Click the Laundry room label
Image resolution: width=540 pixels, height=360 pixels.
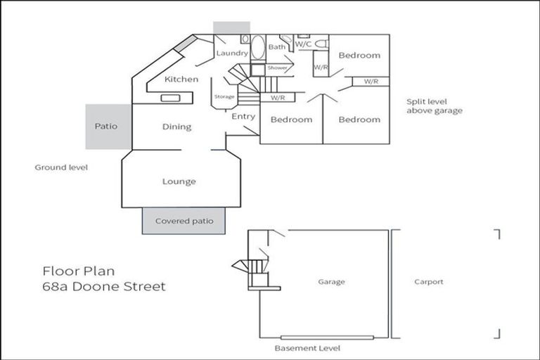231,53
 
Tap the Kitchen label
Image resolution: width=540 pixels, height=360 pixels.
181,79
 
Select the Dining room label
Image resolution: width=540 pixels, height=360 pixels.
177,127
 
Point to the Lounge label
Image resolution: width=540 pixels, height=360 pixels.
179,181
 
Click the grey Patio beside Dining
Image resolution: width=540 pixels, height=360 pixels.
105,127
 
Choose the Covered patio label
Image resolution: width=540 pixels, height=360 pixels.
184,221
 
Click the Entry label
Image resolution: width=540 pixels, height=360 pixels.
243,117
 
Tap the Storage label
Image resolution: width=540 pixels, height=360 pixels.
224,96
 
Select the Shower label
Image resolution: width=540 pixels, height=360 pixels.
277,67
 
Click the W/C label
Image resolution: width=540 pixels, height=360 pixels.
303,44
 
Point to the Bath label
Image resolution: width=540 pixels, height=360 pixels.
276,47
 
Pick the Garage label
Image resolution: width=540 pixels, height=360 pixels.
331,282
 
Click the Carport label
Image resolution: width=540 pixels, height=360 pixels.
429,282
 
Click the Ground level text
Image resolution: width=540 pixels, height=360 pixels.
61,168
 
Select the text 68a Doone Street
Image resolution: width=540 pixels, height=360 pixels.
104,286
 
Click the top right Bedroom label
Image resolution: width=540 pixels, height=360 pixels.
359,55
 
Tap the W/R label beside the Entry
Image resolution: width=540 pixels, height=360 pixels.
277,98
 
